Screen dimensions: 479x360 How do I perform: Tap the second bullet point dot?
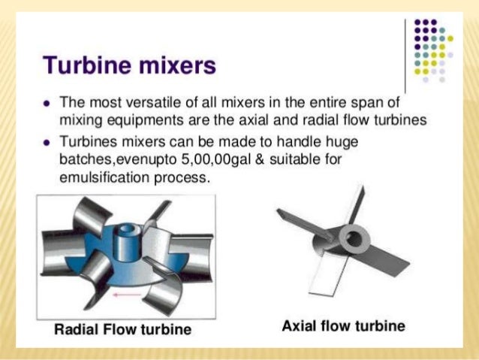click(x=47, y=141)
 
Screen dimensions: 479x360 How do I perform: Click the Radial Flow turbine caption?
click(x=123, y=328)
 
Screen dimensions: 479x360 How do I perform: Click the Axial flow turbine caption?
click(x=343, y=325)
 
